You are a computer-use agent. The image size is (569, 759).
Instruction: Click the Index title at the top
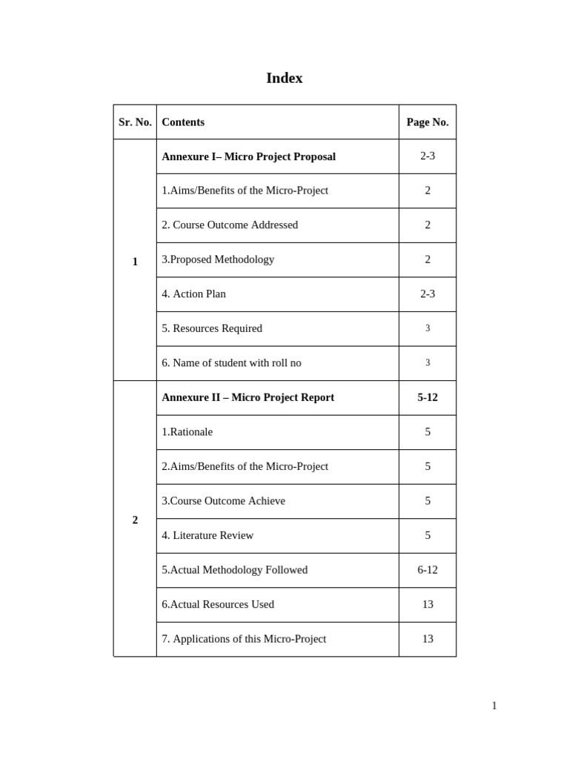click(284, 78)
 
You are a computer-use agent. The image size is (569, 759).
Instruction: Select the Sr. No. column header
click(135, 122)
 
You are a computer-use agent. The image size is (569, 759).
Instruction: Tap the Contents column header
click(183, 122)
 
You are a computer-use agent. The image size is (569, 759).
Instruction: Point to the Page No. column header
click(427, 122)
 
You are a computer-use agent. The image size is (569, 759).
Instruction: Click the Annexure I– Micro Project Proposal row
click(248, 156)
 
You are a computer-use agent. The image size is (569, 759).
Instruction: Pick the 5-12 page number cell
click(427, 397)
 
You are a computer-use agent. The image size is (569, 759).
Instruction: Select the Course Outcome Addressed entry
click(230, 225)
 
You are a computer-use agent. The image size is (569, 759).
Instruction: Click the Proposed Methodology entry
click(218, 259)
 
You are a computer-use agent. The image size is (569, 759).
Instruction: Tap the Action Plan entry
click(194, 294)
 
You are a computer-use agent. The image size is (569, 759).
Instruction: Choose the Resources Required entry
click(212, 328)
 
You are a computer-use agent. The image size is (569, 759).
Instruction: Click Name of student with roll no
click(231, 362)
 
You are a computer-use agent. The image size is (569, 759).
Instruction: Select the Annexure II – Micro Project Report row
click(247, 397)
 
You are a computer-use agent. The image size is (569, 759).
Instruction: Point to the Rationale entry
click(187, 431)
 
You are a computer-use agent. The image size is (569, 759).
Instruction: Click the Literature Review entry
click(207, 535)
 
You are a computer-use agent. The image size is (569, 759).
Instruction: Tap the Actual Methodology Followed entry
click(234, 570)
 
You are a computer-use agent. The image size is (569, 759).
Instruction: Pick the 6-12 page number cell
click(427, 570)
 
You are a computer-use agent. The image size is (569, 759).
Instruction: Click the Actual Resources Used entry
click(218, 604)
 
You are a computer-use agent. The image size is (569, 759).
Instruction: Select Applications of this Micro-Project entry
click(244, 639)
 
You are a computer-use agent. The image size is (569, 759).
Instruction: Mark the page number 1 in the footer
click(494, 706)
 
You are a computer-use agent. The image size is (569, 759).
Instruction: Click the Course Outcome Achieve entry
click(223, 501)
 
